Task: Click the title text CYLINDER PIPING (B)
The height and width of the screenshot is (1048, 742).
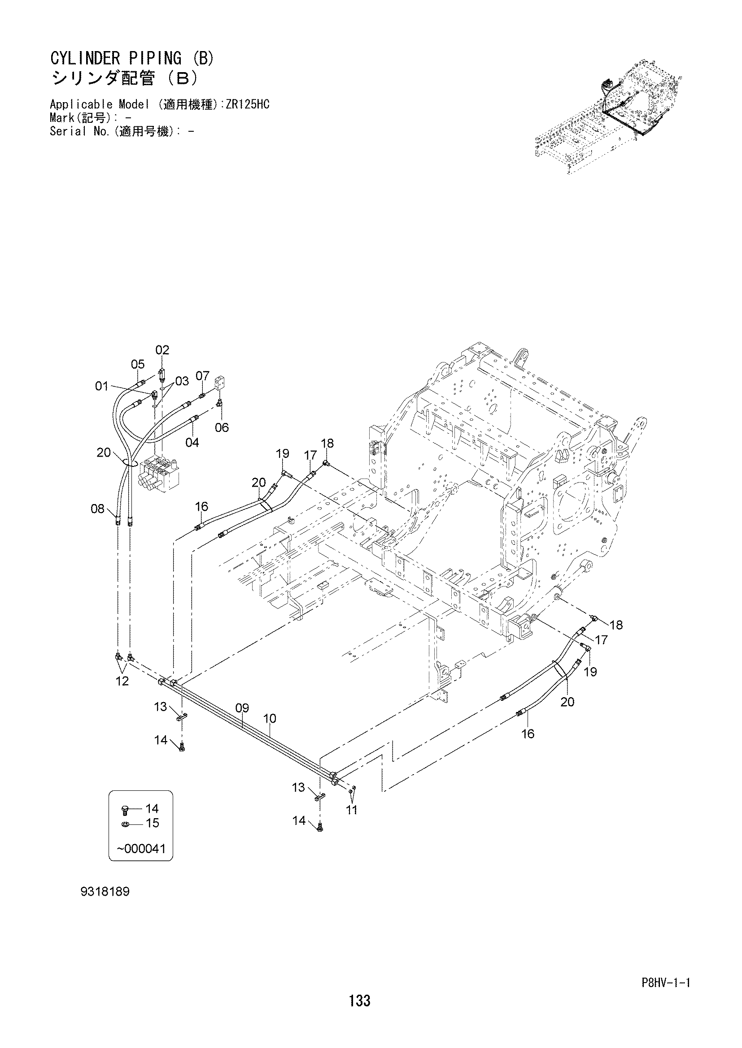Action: (x=131, y=59)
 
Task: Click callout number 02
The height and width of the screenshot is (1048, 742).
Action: (x=162, y=350)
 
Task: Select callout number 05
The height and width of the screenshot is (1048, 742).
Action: (x=138, y=364)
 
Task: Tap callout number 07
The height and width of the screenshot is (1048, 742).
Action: (x=202, y=376)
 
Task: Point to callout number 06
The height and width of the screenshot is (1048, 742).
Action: (x=222, y=428)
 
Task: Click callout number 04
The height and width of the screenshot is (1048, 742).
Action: (x=192, y=442)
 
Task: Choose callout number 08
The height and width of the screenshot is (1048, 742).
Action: (x=98, y=509)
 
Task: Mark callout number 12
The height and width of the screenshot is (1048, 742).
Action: (x=122, y=681)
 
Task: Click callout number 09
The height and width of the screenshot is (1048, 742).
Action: (x=242, y=708)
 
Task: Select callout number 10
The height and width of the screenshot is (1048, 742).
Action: (x=270, y=718)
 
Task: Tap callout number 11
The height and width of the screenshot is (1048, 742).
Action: (x=351, y=810)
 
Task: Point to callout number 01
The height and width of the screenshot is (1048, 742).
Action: (x=101, y=387)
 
